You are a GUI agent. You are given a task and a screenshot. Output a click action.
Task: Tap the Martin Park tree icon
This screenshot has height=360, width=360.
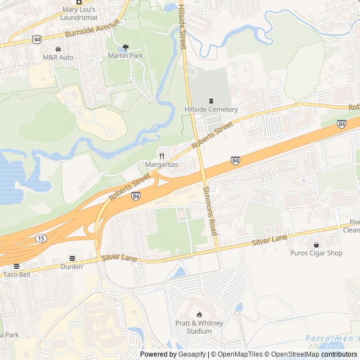[x=125, y=47]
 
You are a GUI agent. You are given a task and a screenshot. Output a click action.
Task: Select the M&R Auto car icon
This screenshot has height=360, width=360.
[x=58, y=49]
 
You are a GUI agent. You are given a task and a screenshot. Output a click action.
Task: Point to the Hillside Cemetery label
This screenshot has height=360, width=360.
[x=211, y=109]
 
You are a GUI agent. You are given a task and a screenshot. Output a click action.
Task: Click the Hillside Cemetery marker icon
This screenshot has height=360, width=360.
[x=211, y=101]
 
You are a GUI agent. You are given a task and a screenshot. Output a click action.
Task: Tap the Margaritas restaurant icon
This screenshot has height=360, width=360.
[x=161, y=156]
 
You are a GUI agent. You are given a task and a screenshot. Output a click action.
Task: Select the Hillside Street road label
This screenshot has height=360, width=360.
[x=182, y=25]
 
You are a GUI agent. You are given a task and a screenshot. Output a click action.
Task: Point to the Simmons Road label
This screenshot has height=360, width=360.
[x=210, y=210]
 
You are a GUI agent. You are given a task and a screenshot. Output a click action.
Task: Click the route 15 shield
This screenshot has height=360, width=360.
[x=41, y=238]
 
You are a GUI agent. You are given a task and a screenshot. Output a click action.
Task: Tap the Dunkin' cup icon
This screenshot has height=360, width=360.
[x=72, y=258]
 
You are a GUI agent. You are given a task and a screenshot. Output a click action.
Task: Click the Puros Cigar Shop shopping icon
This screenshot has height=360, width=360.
[x=316, y=245]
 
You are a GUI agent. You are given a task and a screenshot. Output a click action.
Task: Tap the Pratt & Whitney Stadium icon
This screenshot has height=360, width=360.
[x=199, y=315]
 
